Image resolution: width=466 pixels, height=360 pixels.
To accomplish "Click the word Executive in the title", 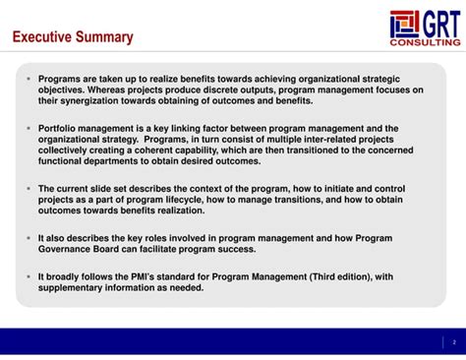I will click(42, 37).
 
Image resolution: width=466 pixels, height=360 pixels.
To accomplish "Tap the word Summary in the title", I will click(104, 37).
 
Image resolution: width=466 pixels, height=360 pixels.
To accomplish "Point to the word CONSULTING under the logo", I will click(425, 43).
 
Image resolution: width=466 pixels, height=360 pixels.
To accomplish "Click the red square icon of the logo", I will click(404, 24).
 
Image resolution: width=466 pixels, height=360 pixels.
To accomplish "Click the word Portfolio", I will click(60, 128).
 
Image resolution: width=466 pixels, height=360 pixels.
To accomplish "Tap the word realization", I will click(178, 210).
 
